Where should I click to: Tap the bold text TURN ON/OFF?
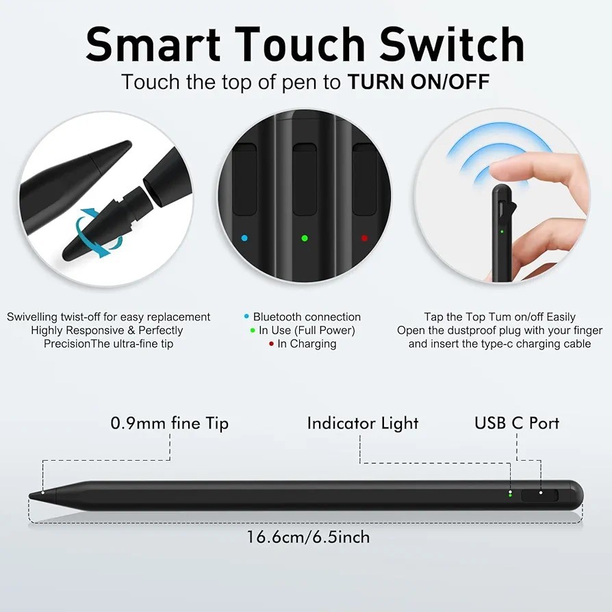click(x=418, y=82)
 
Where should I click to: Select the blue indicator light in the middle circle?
click(x=245, y=238)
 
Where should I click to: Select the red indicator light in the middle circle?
click(x=364, y=238)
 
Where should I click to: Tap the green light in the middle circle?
click(x=305, y=238)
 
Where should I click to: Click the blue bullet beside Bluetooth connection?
click(x=246, y=317)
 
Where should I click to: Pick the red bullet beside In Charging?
click(x=271, y=344)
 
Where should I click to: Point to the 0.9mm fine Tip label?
click(x=169, y=423)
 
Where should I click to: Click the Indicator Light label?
click(x=362, y=423)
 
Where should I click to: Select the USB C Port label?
click(x=517, y=423)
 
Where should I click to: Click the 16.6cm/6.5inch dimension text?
click(x=308, y=537)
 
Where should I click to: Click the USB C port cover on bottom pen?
click(x=539, y=494)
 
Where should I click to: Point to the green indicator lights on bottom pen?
click(x=510, y=494)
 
